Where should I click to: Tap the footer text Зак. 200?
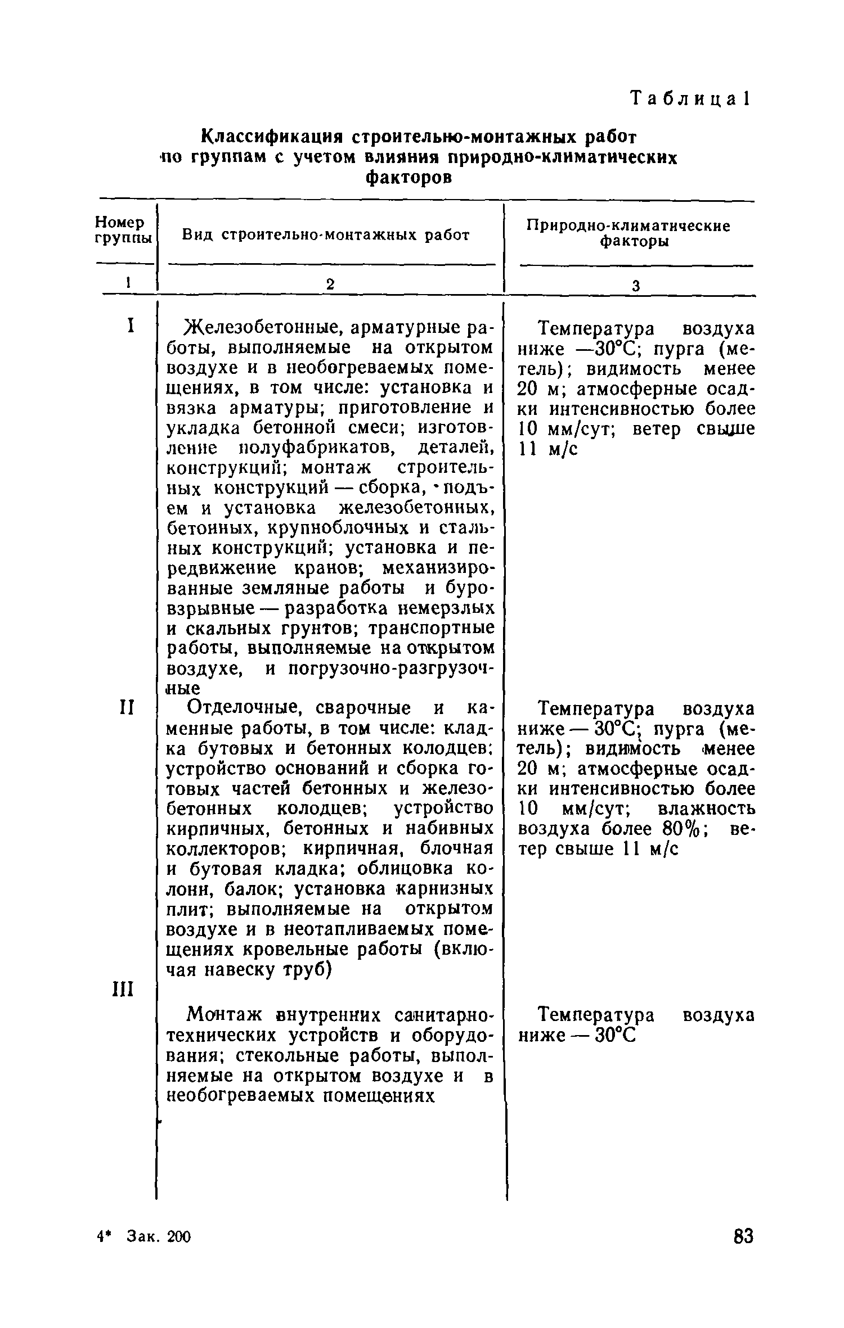160,1237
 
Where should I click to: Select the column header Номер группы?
122,231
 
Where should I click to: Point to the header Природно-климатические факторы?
628,234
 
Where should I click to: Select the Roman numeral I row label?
130,326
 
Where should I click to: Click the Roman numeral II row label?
127,707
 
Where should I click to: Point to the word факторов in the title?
408,178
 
